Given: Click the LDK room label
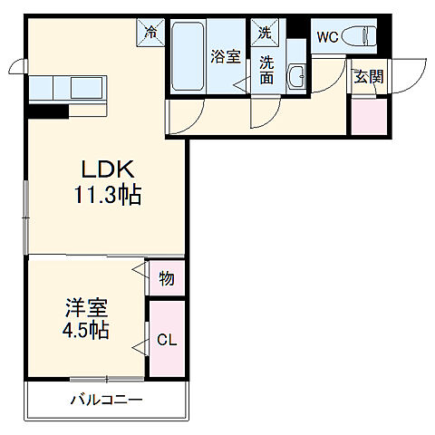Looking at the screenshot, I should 109,169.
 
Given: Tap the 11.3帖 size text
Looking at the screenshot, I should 109,194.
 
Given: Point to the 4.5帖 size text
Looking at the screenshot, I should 86,330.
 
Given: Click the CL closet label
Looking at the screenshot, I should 166,341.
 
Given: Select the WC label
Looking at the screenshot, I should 326,37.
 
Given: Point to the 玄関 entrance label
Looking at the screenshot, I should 368,77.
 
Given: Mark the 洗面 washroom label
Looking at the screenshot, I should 267,71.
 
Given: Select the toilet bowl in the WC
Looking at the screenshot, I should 359,37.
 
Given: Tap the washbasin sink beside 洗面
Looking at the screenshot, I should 296,76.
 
